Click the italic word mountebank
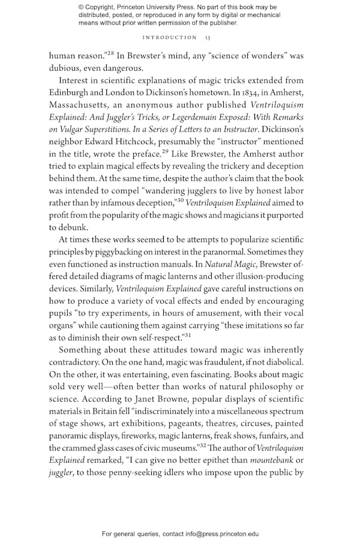pos(268,461)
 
